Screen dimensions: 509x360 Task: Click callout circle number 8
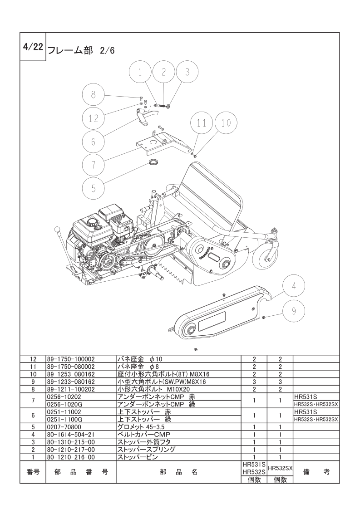coord(93,95)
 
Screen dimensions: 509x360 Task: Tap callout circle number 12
coord(93,118)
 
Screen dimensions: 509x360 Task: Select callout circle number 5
coord(94,187)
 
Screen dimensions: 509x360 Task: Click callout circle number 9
coord(293,311)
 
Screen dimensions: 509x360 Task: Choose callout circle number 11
coord(202,123)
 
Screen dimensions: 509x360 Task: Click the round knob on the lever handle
coord(57,228)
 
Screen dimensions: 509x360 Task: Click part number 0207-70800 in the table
coord(64,427)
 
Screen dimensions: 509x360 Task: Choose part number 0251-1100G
coord(64,420)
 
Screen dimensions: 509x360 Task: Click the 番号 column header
coord(33,472)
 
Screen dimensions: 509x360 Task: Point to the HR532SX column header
coord(280,468)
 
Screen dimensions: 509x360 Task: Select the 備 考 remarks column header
coord(316,472)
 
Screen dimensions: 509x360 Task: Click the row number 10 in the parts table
coord(33,374)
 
